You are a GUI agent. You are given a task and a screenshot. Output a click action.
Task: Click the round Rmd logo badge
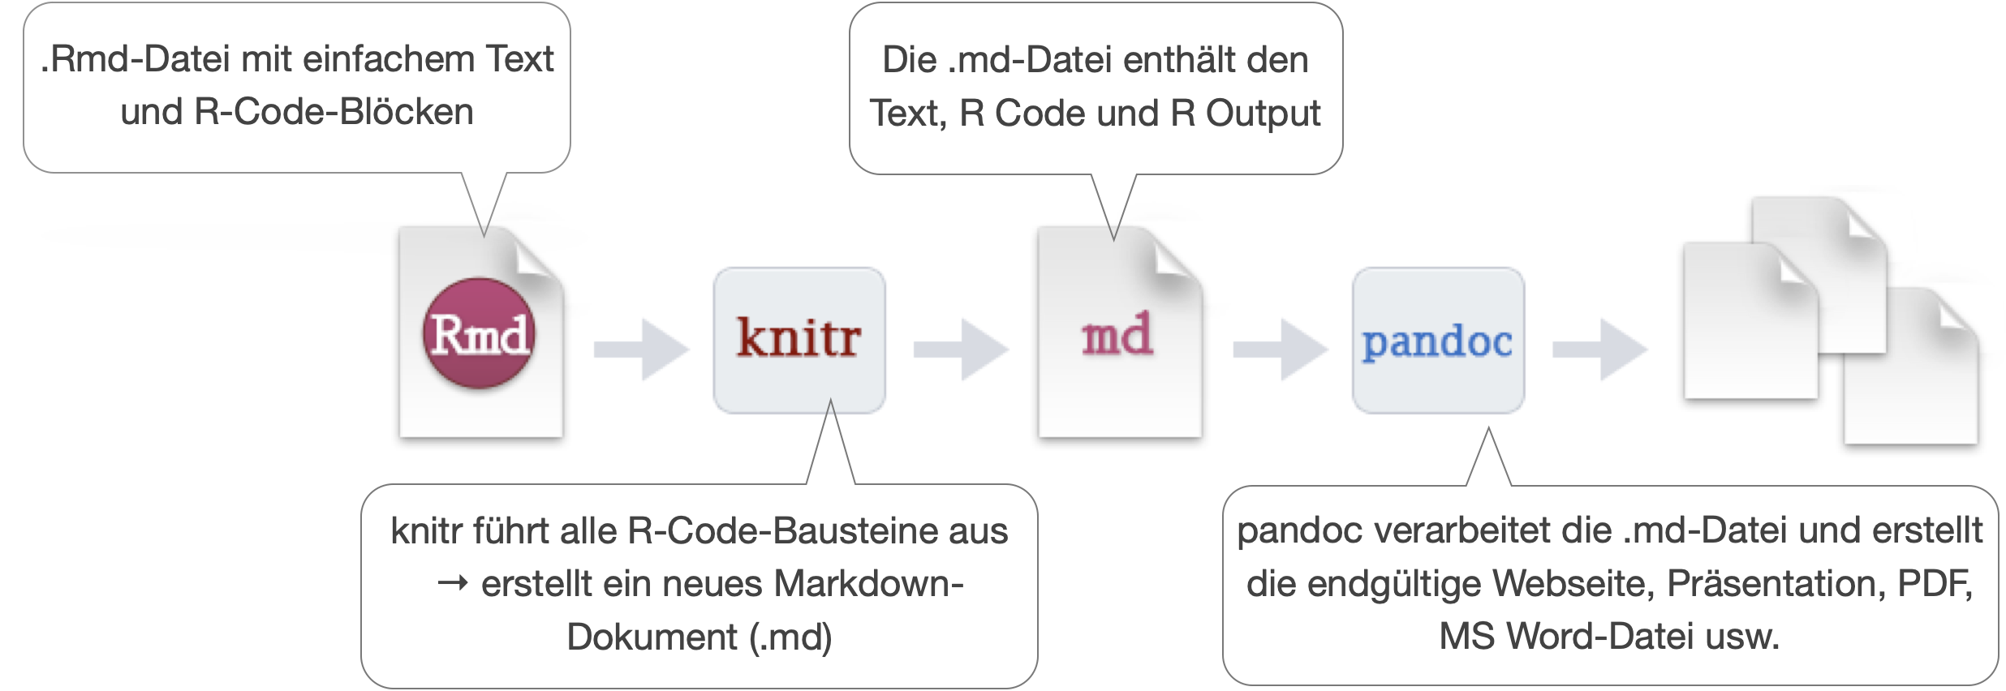[478, 333]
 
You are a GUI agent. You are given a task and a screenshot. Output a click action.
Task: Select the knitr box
[799, 340]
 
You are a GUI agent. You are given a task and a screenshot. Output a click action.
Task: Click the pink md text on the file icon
[1117, 334]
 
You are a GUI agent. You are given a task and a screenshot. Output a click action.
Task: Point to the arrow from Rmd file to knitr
[641, 349]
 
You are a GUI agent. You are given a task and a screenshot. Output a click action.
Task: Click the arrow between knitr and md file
[961, 349]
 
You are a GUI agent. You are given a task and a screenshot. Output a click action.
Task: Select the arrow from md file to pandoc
[1281, 349]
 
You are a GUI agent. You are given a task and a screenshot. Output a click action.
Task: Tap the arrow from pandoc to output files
[1599, 349]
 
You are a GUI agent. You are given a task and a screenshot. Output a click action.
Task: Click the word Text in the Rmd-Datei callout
[519, 59]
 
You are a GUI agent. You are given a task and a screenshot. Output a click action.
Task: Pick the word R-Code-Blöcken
[334, 112]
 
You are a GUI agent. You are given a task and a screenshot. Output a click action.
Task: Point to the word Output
[1263, 114]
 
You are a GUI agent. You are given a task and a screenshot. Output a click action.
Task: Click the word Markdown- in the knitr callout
[868, 584]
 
